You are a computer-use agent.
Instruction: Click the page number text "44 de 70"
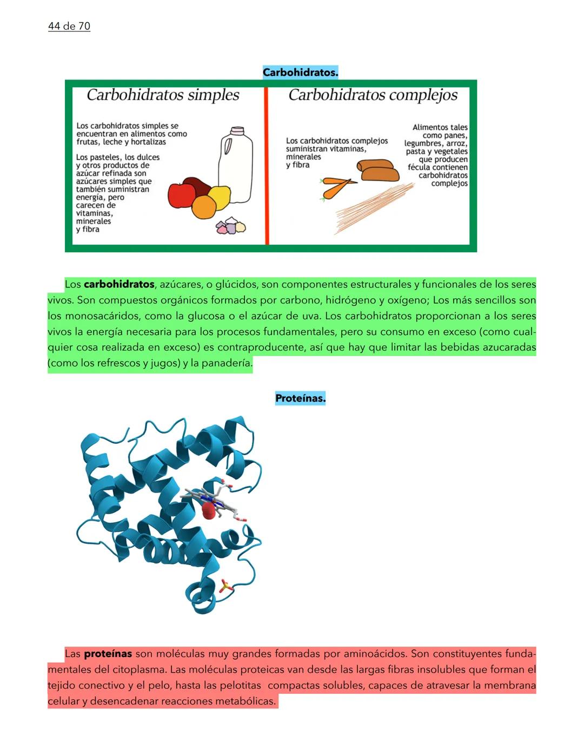[69, 26]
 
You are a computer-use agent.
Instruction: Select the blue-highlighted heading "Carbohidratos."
[300, 72]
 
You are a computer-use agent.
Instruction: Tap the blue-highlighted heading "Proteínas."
[300, 398]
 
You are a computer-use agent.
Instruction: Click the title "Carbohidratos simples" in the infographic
[163, 95]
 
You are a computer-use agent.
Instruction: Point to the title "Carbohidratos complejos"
[373, 95]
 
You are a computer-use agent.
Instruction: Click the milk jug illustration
[236, 168]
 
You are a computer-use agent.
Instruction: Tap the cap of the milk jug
[237, 131]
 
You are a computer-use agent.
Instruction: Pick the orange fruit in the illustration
[204, 207]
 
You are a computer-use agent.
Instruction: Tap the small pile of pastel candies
[230, 226]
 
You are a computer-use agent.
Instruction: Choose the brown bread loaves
[377, 170]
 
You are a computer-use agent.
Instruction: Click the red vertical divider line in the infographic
[267, 166]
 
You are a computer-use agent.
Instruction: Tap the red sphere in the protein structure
[208, 510]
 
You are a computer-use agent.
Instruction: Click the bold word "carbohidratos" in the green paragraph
[119, 284]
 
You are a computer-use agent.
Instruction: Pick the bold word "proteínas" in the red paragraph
[108, 654]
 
